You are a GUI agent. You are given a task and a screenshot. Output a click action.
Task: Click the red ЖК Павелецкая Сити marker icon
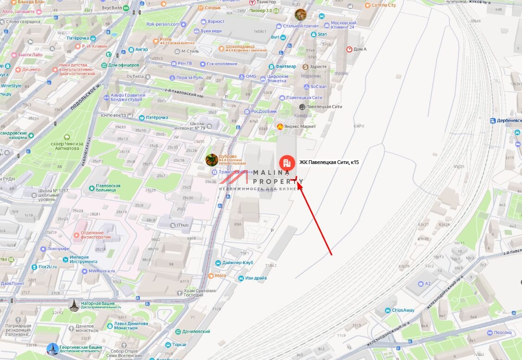286,163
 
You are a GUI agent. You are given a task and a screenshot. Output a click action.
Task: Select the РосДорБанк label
264,111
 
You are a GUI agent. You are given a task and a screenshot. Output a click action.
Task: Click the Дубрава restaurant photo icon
212,160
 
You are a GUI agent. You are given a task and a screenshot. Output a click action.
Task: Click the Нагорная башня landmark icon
74,304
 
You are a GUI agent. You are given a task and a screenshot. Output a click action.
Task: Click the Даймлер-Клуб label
238,263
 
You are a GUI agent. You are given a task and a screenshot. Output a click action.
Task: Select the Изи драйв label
256,278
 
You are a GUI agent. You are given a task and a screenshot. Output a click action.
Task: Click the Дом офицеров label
123,65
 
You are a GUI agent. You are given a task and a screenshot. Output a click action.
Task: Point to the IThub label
182,225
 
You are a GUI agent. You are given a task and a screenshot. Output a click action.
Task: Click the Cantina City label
384,5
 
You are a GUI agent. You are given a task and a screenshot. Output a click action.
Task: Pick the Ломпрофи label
58,249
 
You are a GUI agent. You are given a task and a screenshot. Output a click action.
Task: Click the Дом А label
360,49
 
